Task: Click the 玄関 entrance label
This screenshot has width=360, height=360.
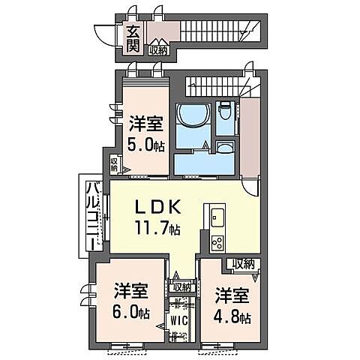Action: point(133,40)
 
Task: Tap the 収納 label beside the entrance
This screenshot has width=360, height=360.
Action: point(157,50)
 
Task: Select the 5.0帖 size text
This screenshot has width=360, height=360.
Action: point(146,145)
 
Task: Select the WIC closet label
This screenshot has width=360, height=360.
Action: point(178,320)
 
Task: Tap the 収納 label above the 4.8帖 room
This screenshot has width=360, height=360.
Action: point(242,263)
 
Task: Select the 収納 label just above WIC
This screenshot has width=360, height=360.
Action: point(181,286)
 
